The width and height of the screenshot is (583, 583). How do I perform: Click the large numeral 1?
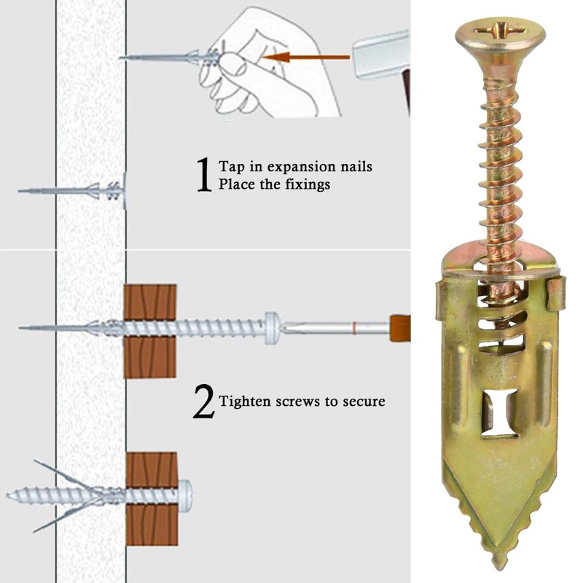(x=204, y=175)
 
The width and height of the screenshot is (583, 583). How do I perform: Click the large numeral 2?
(x=204, y=402)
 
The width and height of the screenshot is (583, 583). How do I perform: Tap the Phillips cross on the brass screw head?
(x=501, y=32)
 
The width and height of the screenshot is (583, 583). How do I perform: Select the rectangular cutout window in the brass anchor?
(x=500, y=412)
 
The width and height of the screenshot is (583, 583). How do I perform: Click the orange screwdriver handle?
(x=400, y=329)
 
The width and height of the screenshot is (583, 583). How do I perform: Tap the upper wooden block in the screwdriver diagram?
(x=150, y=301)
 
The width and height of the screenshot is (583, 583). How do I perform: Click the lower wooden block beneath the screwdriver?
(x=150, y=358)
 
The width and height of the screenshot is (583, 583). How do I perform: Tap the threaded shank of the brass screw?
(x=501, y=168)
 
